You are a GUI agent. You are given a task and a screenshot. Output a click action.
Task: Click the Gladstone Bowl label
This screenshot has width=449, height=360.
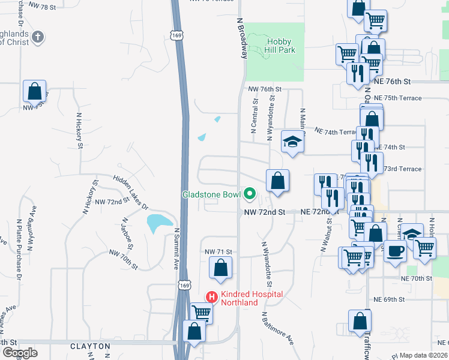coord(211,194)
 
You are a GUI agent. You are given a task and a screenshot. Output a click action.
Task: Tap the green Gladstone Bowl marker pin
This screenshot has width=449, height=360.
coord(249,194)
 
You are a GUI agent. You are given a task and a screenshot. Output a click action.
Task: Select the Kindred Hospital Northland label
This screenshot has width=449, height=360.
coord(245,298)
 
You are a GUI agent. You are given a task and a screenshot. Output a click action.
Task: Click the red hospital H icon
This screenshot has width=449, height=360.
coord(211,296)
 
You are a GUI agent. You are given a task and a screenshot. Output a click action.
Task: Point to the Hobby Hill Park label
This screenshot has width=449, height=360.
coord(280,46)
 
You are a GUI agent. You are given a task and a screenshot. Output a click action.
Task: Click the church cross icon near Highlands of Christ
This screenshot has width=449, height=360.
coord(37,37)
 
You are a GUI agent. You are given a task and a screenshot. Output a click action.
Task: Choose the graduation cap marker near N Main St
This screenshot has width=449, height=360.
coord(292,142)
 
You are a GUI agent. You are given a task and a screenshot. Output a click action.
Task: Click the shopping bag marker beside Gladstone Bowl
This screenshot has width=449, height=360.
coord(278,181)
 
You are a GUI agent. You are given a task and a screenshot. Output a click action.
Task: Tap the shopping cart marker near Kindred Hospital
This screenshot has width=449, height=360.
coord(202,313)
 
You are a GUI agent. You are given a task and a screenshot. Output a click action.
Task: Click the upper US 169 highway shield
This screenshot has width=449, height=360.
coord(176,35)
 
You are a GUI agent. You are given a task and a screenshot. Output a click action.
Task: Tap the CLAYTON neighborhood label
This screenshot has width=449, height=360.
coord(91,346)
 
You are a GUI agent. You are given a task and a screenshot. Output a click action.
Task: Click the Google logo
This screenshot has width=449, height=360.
coord(20,353)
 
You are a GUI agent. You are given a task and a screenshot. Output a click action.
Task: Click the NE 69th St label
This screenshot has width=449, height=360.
coord(394,299)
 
